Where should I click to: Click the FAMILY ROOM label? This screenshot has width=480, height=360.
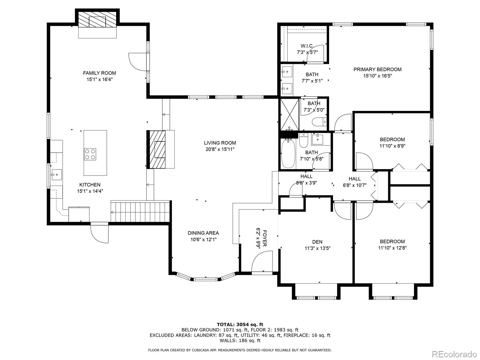click(x=100, y=73)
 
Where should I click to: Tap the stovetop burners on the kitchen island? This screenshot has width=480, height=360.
click(x=90, y=154)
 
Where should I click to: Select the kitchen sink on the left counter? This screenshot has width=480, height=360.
click(x=56, y=175)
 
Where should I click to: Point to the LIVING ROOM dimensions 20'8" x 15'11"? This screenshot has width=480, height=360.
click(x=220, y=149)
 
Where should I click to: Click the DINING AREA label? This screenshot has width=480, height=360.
click(x=203, y=233)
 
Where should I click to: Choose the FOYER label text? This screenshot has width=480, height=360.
click(x=264, y=238)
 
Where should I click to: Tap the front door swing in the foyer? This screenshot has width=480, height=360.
click(x=262, y=262)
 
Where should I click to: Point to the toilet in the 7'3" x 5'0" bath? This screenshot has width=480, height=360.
click(x=319, y=122)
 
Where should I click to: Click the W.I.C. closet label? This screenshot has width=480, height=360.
click(x=307, y=46)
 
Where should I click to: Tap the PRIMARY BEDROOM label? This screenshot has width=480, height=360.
click(x=377, y=70)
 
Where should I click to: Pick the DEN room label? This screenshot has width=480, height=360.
click(x=317, y=242)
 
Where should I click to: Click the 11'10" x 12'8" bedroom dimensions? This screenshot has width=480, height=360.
click(x=392, y=248)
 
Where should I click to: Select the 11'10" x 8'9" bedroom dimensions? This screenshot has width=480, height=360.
click(x=392, y=146)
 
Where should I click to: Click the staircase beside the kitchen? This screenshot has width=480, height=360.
click(x=140, y=212)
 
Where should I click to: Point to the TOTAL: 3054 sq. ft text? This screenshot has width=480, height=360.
click(x=240, y=324)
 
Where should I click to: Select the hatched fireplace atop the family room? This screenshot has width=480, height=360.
click(x=97, y=19)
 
